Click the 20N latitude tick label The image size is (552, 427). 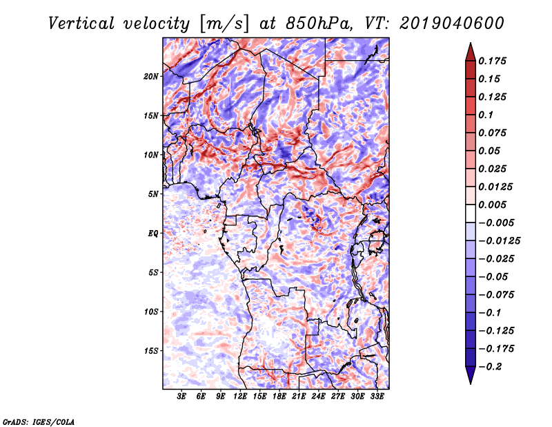151,76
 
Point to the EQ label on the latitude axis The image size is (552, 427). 153,234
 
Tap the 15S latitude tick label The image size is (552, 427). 151,351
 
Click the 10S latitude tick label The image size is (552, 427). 151,312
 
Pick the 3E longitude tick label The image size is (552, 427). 182,397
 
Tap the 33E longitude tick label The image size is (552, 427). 377,397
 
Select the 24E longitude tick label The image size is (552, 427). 319,397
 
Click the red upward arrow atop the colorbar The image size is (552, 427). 469,50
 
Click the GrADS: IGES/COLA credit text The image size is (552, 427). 38,421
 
